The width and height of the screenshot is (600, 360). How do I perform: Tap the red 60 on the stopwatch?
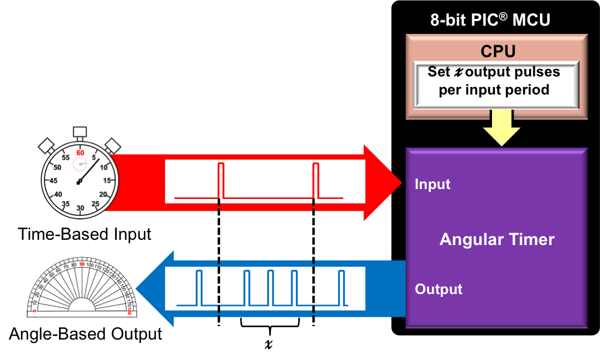coord(80,153)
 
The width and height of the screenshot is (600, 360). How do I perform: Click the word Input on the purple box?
coord(432,184)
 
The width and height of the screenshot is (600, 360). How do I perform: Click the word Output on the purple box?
coord(438,289)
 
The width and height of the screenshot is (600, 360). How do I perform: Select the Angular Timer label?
coord(497,239)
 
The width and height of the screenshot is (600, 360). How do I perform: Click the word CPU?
coord(498,51)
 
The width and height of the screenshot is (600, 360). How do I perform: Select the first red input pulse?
coord(221,181)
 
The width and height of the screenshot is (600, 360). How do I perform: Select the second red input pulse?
coord(316,181)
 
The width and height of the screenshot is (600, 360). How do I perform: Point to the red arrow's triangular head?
coord(382,183)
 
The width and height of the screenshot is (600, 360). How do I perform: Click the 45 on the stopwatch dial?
coord(53,180)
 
